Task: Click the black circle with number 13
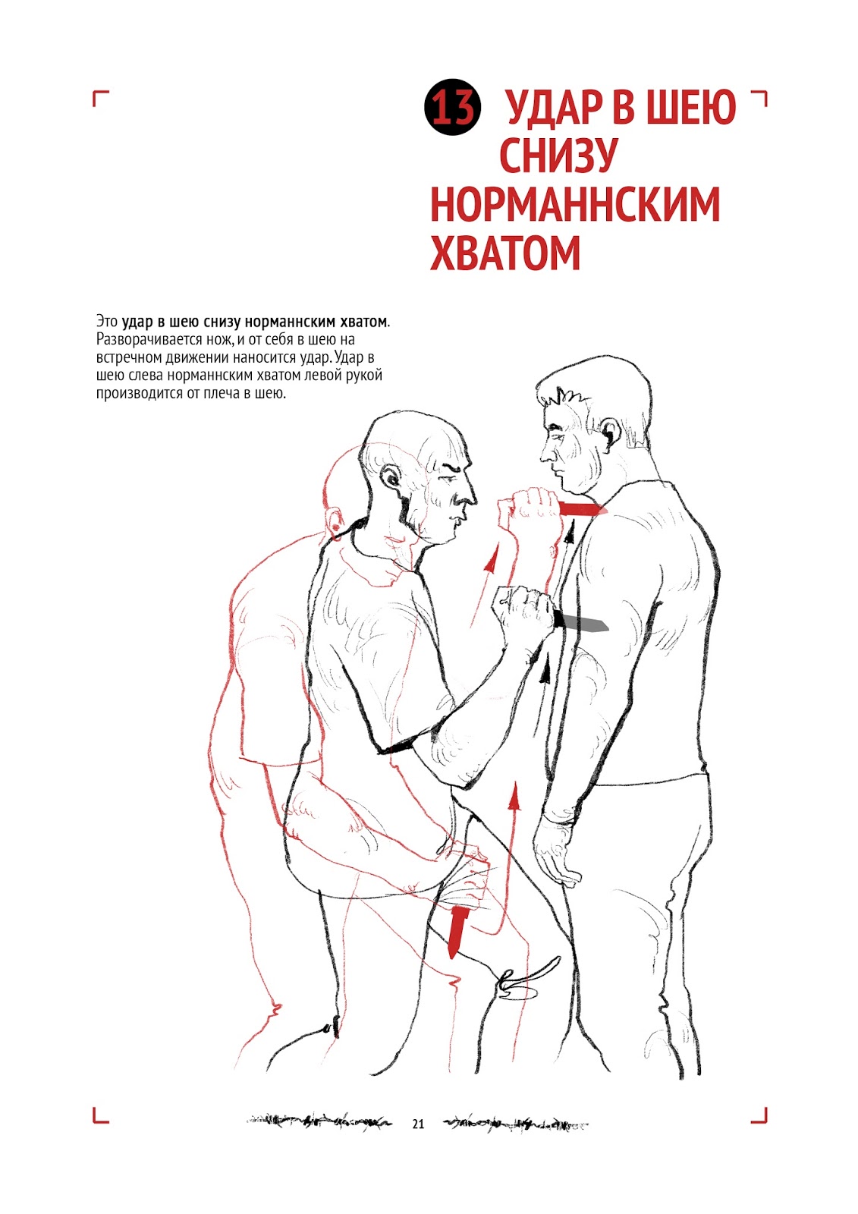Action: pos(453,107)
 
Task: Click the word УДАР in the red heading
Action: pos(553,108)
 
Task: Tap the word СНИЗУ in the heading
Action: pos(558,155)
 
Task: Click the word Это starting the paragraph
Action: pos(106,322)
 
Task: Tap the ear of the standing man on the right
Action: pos(611,433)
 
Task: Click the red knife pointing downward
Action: pos(458,931)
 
